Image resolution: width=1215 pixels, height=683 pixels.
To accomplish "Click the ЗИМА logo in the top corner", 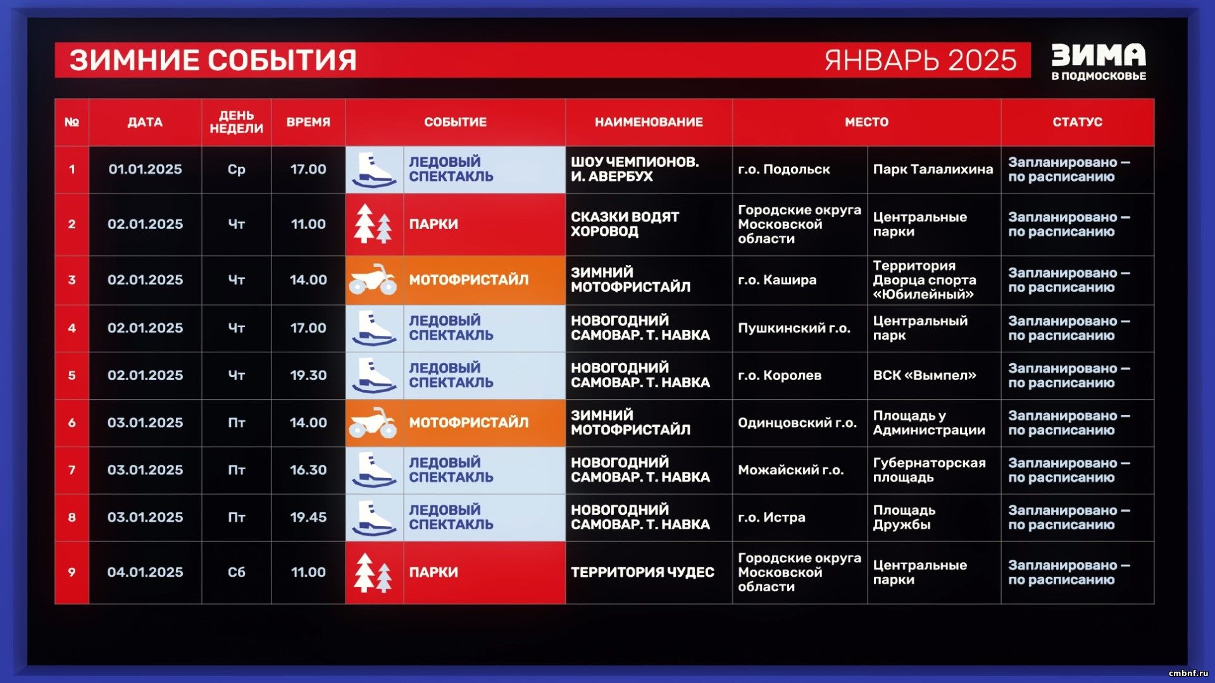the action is (1099, 61).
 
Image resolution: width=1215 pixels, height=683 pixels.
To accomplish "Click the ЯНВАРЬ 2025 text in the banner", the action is (920, 60).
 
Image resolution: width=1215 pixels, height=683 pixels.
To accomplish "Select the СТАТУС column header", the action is (1077, 122).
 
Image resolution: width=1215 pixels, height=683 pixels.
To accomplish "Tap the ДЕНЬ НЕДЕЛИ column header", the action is (236, 122).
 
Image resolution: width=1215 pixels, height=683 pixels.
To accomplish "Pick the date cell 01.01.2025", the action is (145, 169).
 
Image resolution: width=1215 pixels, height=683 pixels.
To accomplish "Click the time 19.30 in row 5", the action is (308, 375).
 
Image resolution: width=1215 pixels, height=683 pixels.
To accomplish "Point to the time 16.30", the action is (308, 470).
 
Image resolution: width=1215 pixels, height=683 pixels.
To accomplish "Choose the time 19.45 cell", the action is (308, 517).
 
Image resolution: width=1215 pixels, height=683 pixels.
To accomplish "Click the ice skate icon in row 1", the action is (374, 170).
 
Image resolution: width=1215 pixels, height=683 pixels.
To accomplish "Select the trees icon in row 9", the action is (373, 572).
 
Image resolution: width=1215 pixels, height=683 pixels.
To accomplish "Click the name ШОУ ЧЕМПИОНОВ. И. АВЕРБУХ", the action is (635, 169).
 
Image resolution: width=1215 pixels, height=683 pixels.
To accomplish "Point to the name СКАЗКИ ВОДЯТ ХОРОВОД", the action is (625, 225).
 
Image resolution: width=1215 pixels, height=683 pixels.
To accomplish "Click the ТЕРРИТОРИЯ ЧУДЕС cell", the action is (642, 572).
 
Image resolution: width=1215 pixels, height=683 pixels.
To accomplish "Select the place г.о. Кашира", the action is (777, 280).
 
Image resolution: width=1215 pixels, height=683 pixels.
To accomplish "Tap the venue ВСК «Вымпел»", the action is (925, 375).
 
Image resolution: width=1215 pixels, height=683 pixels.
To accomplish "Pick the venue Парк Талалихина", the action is (933, 169).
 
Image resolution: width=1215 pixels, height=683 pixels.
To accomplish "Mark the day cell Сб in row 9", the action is (236, 572).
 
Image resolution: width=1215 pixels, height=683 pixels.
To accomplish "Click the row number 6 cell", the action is (72, 422).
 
